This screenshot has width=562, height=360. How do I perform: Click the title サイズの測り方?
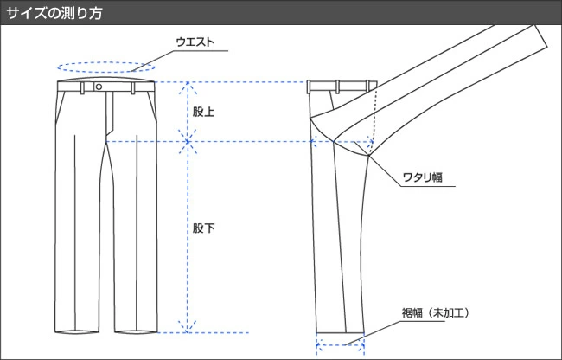(54, 13)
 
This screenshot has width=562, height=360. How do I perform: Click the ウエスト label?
(195, 42)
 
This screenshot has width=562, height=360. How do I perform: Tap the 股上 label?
(203, 112)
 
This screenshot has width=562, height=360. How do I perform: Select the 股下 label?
(203, 228)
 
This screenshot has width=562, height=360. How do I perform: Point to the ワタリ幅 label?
(423, 177)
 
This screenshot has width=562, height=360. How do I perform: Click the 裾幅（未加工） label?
(436, 313)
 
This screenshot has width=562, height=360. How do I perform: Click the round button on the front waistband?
(99, 87)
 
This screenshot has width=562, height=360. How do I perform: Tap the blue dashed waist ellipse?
(106, 62)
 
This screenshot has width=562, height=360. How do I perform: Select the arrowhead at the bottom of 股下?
(187, 327)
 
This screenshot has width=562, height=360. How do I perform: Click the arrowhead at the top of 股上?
(188, 88)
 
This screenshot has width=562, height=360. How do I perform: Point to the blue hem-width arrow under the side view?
(340, 345)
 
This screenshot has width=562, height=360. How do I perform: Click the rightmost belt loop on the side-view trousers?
(367, 87)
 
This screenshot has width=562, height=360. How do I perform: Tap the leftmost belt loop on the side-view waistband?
(309, 87)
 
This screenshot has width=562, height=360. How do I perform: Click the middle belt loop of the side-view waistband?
(337, 87)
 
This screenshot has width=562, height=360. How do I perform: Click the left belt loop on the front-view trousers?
(83, 88)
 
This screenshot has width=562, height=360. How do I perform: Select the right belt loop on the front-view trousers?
(133, 88)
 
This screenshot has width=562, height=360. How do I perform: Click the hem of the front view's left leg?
(77, 331)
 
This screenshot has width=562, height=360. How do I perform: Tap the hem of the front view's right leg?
(136, 331)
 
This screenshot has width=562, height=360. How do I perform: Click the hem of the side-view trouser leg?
(340, 331)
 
